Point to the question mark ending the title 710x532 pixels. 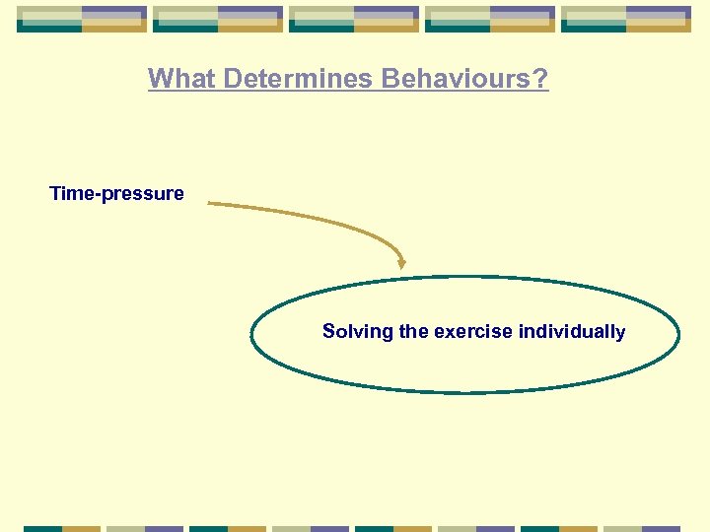click(540, 79)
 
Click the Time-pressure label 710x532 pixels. click(116, 193)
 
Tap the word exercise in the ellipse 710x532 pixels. click(472, 332)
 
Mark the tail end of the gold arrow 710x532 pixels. click(211, 204)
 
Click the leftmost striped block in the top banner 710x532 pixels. click(82, 19)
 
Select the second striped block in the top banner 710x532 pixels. click(218, 19)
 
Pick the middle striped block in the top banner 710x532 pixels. click(354, 19)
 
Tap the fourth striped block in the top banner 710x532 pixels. click(490, 19)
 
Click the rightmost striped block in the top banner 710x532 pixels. click(626, 19)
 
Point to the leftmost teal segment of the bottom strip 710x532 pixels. click(42, 528)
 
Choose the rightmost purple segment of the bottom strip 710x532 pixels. click(661, 528)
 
